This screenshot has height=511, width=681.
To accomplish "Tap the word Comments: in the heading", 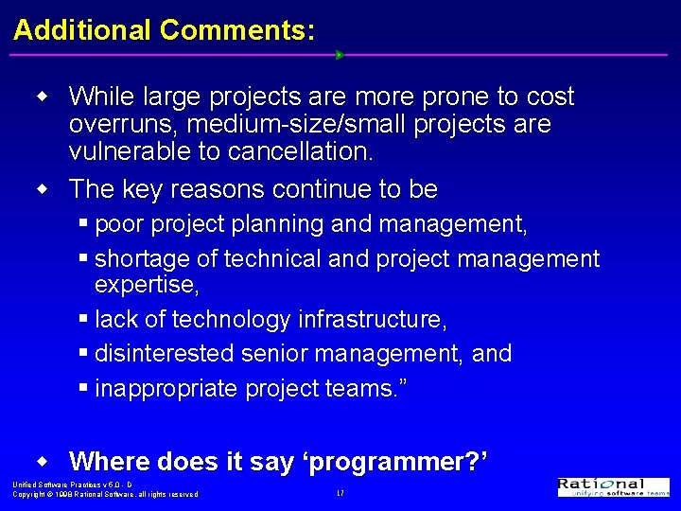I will coord(237,29).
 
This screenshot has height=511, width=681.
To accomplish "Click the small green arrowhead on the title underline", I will coord(340,55).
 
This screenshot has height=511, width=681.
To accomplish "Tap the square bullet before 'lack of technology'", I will coord(86,319).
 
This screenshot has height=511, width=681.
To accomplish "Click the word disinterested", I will coord(165,354).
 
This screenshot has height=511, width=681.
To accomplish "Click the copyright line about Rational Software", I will coord(105,494).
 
